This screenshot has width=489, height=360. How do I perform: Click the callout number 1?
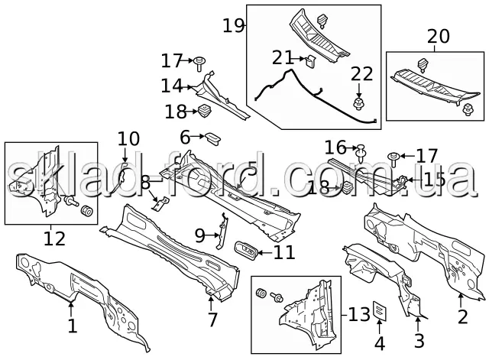(x=71, y=327)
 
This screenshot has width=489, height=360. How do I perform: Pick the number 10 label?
(x=128, y=139)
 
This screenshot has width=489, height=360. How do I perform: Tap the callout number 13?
(x=360, y=313)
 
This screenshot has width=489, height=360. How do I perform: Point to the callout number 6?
(x=186, y=138)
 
